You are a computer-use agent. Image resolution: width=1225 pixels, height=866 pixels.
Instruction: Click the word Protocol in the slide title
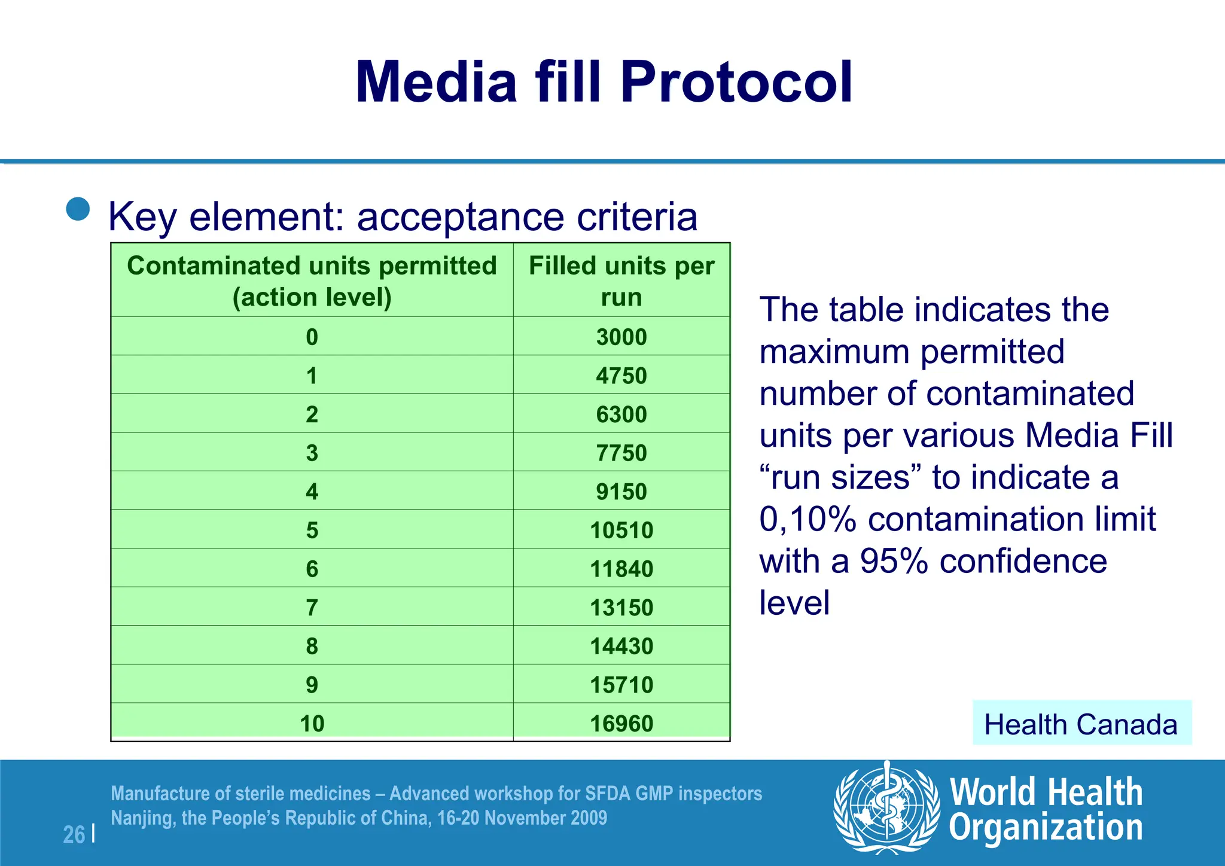[736, 82]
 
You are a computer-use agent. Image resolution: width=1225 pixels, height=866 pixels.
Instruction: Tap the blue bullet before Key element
[78, 209]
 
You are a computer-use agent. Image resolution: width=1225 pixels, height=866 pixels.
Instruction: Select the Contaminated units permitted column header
[312, 280]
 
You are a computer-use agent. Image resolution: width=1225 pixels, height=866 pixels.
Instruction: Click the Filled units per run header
[621, 280]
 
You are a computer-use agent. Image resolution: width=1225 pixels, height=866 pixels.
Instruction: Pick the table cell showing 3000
[621, 337]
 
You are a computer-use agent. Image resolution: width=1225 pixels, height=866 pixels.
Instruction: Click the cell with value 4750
[621, 376]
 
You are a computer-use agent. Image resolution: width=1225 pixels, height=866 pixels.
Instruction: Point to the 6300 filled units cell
[621, 414]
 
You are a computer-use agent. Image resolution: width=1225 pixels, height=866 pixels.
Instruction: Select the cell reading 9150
[621, 492]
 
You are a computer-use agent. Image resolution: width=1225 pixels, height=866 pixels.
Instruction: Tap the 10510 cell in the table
[621, 530]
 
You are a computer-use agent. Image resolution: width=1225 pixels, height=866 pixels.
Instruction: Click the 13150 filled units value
[621, 608]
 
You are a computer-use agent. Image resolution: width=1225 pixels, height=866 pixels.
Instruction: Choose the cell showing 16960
[621, 724]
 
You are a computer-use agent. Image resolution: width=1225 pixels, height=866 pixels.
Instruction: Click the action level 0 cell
[312, 337]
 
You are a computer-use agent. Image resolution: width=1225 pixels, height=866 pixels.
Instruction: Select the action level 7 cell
[312, 608]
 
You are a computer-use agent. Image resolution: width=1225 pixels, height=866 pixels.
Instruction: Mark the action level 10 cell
[312, 724]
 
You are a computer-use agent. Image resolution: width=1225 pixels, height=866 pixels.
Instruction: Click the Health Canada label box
[1081, 724]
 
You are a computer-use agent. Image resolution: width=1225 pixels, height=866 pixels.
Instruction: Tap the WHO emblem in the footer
[887, 807]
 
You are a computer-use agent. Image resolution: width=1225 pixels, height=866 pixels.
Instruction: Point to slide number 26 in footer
[74, 834]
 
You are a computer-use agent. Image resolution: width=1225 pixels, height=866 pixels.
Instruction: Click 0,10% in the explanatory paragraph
[807, 519]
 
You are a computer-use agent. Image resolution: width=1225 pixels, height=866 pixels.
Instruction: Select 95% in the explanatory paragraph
[894, 561]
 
